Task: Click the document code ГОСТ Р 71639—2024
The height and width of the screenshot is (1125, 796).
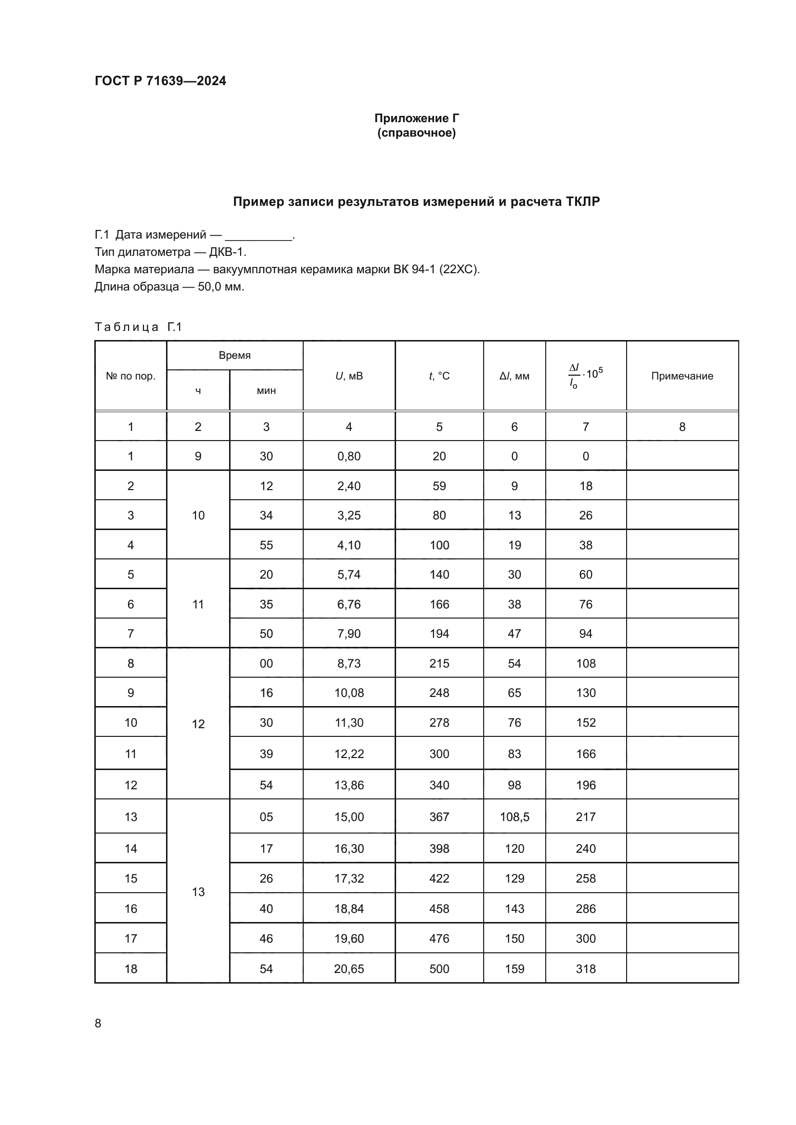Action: coord(160,81)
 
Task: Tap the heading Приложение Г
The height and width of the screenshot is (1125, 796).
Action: coord(417,118)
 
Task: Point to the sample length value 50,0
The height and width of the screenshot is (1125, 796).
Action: coord(210,287)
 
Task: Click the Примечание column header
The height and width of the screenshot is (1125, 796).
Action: coord(682,376)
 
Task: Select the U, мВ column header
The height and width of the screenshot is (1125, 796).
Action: coord(349,376)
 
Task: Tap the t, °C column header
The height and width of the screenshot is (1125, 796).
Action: coord(439,376)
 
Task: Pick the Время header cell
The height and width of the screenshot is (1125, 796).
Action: coord(234,355)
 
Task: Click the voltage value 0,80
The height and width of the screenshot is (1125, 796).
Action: coord(349,456)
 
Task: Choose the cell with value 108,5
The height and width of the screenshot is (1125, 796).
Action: coord(514,817)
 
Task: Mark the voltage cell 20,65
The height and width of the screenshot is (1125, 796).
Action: coord(349,969)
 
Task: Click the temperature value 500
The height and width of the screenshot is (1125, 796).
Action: coord(439,969)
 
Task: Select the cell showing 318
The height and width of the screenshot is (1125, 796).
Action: coord(586,969)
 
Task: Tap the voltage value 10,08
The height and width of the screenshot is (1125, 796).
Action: coord(349,693)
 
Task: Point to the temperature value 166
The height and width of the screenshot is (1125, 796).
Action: coord(439,604)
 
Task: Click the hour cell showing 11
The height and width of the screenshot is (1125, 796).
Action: coord(198,604)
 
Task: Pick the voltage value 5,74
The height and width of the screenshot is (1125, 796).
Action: coord(349,574)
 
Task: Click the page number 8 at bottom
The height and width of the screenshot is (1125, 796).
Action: coord(98,1023)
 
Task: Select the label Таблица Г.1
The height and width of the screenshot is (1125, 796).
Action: coord(138,327)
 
